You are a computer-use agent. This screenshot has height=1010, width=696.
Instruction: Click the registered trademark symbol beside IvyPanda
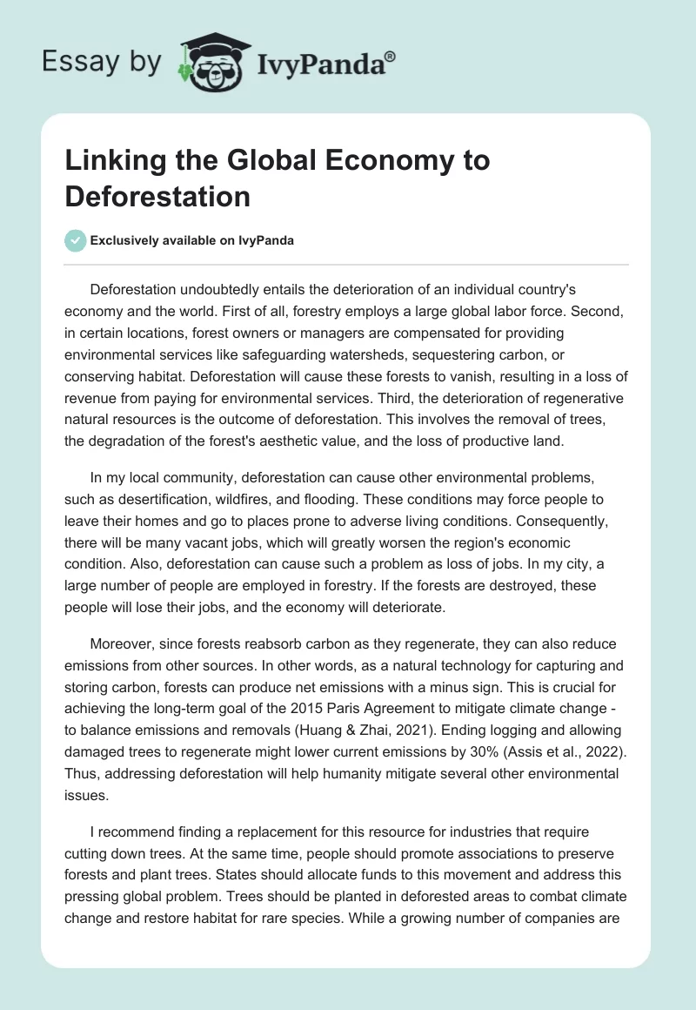[x=390, y=57]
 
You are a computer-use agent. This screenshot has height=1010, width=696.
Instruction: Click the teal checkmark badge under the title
[x=75, y=240]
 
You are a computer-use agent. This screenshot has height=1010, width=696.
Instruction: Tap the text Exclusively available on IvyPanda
[x=192, y=241]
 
